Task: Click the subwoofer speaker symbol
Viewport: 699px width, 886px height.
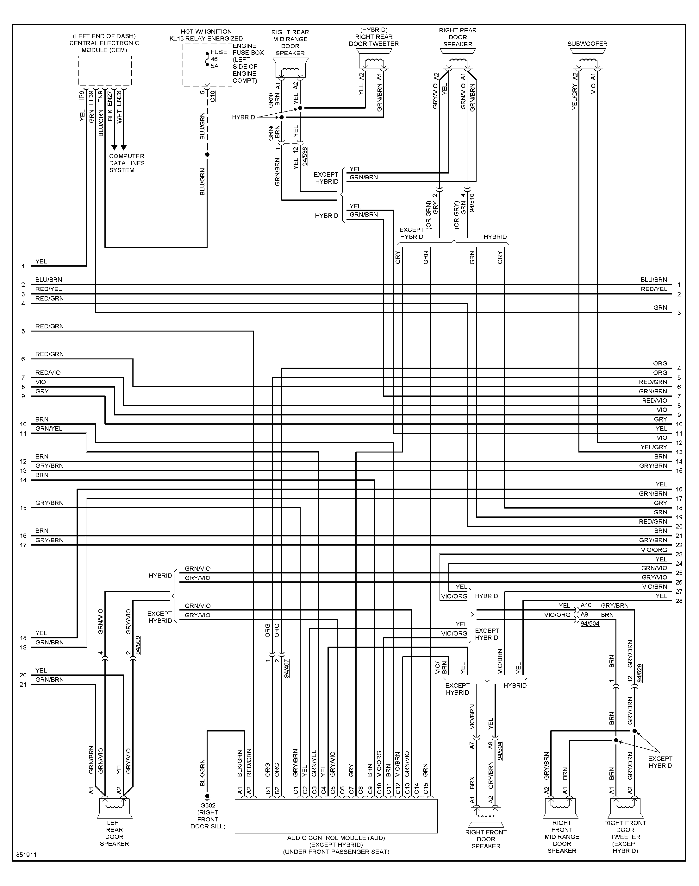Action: [587, 59]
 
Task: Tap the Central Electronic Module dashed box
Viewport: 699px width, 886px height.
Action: [105, 71]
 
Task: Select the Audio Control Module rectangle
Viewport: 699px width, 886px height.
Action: [336, 816]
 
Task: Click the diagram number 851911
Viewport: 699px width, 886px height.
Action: [26, 855]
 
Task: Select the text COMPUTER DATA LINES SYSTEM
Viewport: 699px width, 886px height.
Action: [127, 163]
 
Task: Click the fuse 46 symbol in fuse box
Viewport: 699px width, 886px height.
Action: [207, 59]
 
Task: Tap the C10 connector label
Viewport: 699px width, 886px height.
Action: [213, 97]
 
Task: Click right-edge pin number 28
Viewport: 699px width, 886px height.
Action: [679, 601]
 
